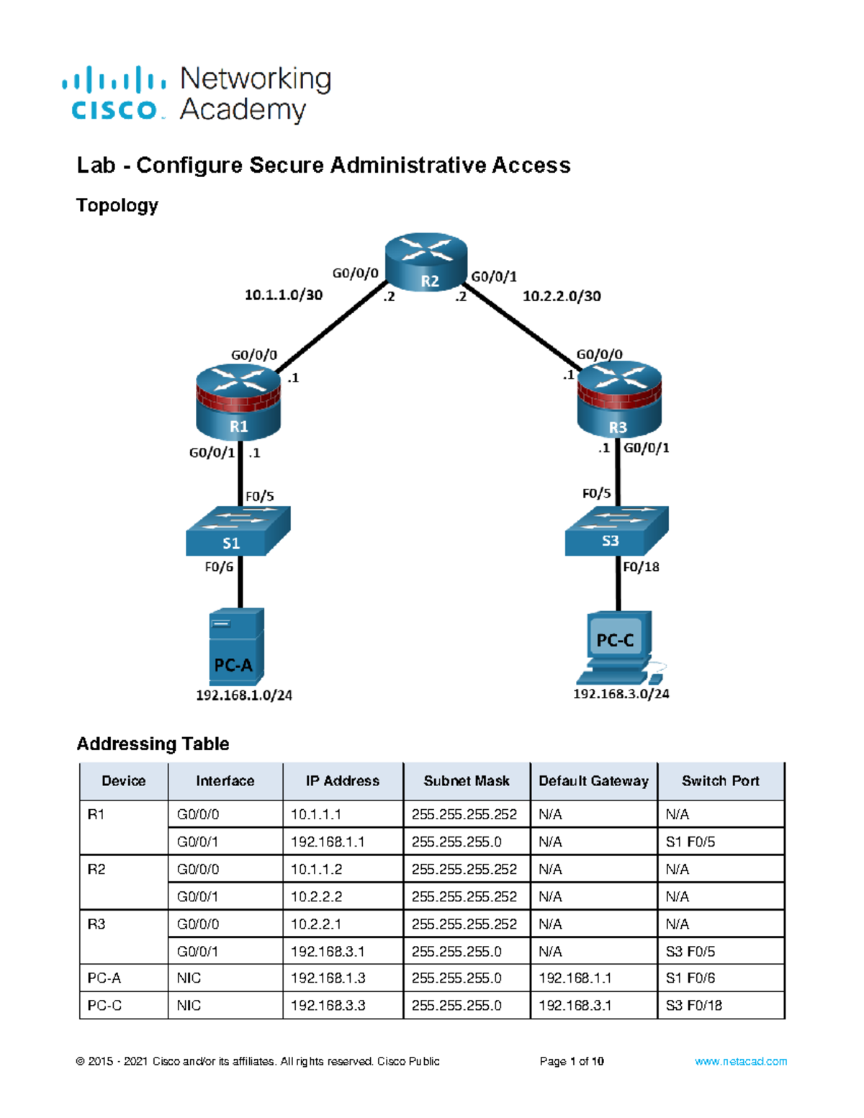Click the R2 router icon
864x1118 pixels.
(426, 262)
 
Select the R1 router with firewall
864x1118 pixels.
(238, 402)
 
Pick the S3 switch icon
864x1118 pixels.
(616, 531)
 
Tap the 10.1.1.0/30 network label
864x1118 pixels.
(284, 295)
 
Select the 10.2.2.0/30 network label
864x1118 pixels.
(562, 296)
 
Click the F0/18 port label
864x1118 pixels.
(641, 567)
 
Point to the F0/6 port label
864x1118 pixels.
(219, 567)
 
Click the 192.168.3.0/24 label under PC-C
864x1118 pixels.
(621, 695)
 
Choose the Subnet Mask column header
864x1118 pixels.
(466, 781)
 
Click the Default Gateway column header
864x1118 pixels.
(593, 781)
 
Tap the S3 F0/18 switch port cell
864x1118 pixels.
(693, 1006)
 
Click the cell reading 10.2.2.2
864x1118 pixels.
(316, 897)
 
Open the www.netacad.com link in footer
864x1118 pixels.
(740, 1062)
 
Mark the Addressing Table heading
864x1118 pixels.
(153, 744)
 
